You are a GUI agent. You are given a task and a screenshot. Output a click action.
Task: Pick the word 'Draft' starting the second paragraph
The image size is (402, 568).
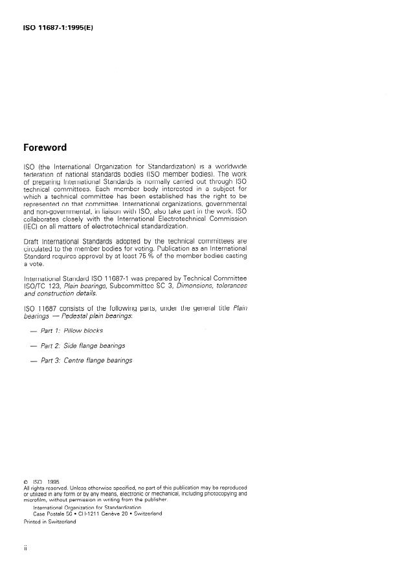32,240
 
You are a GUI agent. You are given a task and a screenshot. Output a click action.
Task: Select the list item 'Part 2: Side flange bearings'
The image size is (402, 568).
83,345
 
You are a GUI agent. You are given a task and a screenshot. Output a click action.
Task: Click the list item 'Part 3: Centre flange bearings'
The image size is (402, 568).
86,360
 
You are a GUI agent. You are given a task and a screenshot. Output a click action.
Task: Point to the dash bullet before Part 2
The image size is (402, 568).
33,346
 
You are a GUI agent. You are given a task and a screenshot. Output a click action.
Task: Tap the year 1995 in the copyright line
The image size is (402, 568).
52,482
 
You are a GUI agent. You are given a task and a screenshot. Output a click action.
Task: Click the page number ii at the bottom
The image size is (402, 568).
25,548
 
